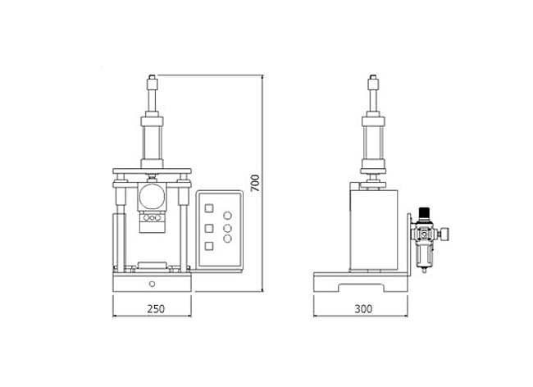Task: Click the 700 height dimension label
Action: [x=255, y=183]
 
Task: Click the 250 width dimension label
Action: [x=156, y=309]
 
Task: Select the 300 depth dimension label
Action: [x=363, y=309]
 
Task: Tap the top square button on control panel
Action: [x=209, y=208]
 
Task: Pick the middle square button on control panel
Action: [x=209, y=228]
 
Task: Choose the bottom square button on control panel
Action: [x=209, y=246]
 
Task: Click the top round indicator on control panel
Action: [x=227, y=216]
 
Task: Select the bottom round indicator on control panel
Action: [x=227, y=239]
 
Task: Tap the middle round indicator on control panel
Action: [x=227, y=228]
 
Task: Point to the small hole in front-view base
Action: [x=152, y=284]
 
